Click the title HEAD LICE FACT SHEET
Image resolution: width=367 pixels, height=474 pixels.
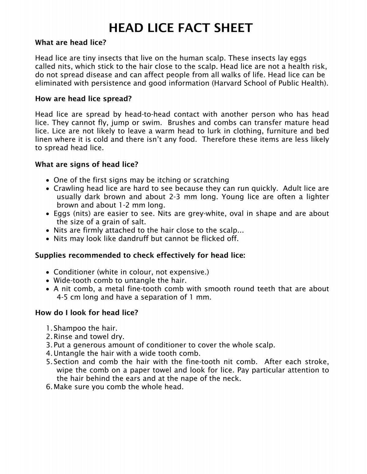pos(181,28)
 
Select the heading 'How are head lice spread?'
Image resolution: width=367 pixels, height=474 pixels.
pos(83,99)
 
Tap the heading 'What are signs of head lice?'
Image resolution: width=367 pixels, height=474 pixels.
pos(87,164)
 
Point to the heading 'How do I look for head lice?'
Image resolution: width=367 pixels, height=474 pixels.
pos(87,312)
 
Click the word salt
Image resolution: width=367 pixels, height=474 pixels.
pos(137,222)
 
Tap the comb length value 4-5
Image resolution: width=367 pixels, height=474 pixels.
pos(63,297)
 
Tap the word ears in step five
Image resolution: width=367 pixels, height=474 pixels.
pos(135,379)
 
